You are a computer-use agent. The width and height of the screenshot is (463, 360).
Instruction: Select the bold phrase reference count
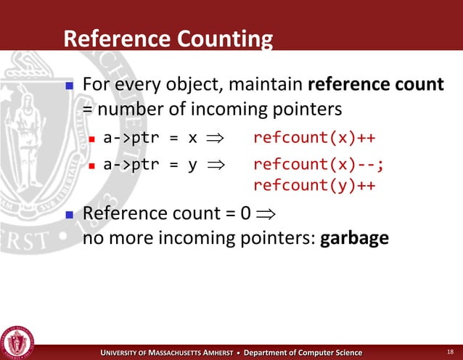pyautogui.click(x=376, y=86)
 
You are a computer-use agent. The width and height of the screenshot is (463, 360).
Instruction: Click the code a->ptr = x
pyautogui.click(x=151, y=138)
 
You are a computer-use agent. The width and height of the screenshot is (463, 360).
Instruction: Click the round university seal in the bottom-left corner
pyautogui.click(x=18, y=339)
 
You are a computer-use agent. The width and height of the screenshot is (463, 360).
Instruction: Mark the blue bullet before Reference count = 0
pyautogui.click(x=70, y=216)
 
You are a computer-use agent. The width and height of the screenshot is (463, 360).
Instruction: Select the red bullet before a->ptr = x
pyautogui.click(x=92, y=139)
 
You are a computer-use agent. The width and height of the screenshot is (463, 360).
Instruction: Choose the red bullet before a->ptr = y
pyautogui.click(x=92, y=165)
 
